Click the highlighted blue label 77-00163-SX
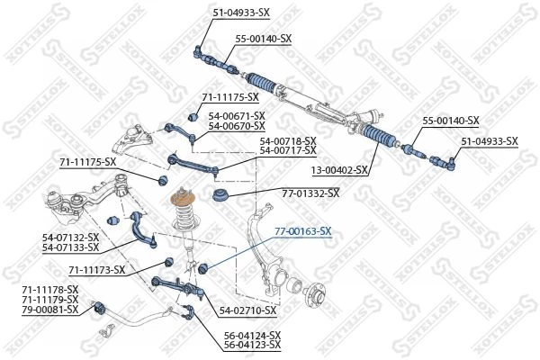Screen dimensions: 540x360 (x=302, y=231)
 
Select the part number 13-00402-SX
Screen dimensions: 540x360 (x=339, y=170)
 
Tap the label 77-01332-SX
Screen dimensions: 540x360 (x=310, y=193)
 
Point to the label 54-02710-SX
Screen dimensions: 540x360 (x=248, y=310)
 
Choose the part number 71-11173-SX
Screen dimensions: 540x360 (x=97, y=270)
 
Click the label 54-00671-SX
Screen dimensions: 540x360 (x=237, y=116)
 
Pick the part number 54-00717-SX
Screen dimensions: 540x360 (x=288, y=150)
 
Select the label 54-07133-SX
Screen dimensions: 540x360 (x=70, y=247)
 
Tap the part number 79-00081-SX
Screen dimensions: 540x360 (x=50, y=310)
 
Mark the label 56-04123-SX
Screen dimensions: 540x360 (x=252, y=344)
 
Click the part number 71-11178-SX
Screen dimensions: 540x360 (x=50, y=289)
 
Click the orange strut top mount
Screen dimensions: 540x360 (x=183, y=200)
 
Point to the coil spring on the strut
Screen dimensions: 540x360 (x=184, y=217)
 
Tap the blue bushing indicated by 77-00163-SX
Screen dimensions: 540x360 (x=203, y=267)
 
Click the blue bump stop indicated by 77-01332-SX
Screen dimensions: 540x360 (x=220, y=195)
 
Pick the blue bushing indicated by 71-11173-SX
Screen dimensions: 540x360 (x=169, y=262)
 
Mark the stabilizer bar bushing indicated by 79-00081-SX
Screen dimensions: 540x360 (x=100, y=307)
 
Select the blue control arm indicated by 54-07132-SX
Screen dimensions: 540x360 (x=143, y=229)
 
